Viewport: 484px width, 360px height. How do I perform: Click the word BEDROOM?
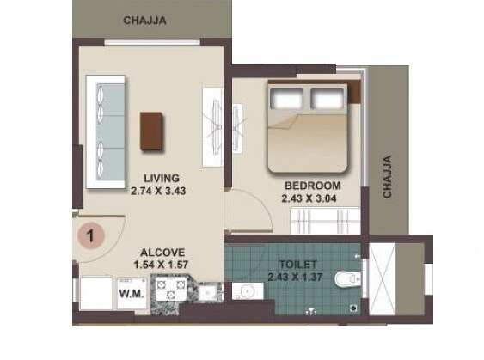[x=313, y=185]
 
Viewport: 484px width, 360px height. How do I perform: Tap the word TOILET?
[x=297, y=265]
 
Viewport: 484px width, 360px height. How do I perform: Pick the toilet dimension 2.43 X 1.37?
[x=297, y=278]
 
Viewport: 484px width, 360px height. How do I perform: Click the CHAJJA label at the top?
[x=145, y=20]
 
